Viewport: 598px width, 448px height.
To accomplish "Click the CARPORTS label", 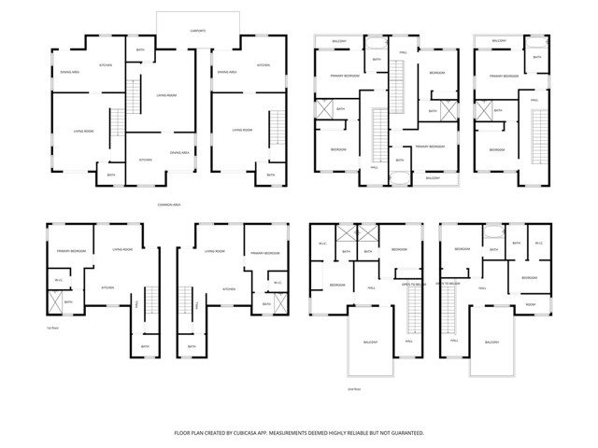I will (x=198, y=31).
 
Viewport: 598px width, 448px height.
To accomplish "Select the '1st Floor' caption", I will (x=52, y=328).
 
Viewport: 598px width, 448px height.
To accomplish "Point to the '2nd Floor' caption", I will (x=353, y=388).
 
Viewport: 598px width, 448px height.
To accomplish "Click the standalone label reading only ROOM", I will (x=530, y=304).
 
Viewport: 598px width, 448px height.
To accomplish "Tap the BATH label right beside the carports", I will (x=140, y=49).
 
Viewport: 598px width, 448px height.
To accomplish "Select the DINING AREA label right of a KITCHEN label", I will (x=179, y=152).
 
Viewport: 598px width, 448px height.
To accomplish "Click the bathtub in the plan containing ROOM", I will (x=493, y=234).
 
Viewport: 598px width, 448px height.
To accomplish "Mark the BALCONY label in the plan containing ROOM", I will (x=491, y=343).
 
